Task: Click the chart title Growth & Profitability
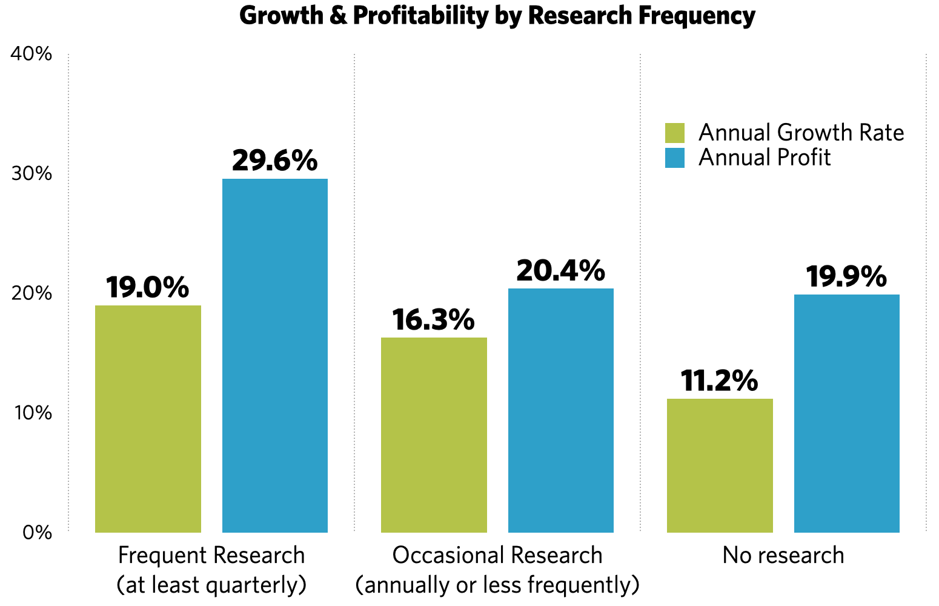[x=497, y=16]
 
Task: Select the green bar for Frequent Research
[x=148, y=418]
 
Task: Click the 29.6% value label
[x=274, y=161]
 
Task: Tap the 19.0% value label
[x=147, y=287]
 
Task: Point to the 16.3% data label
[x=433, y=319]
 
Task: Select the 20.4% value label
[x=560, y=270]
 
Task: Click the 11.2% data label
[x=719, y=381]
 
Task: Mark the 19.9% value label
[x=846, y=276]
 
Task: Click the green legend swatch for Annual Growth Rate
[x=675, y=133]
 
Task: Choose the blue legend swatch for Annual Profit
[x=675, y=158]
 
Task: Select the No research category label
[x=783, y=555]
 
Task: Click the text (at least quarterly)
[x=211, y=585]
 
